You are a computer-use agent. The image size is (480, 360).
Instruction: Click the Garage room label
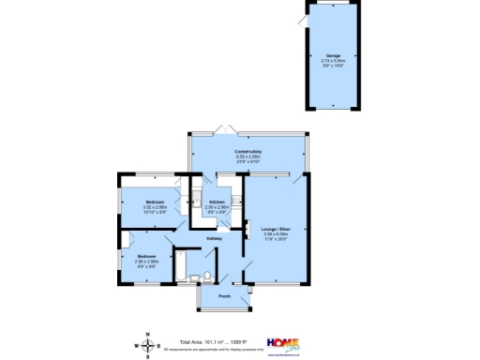(x=333, y=55)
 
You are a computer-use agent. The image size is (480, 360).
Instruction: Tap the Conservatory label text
(x=248, y=151)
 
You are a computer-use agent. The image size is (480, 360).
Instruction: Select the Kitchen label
(x=217, y=202)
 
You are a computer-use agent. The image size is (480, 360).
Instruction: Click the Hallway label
(x=214, y=238)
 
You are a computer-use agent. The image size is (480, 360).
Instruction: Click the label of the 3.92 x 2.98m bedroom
(x=155, y=202)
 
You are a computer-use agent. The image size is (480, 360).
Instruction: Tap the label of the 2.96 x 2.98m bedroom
(x=145, y=256)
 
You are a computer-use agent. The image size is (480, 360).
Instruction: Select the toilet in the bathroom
(x=196, y=277)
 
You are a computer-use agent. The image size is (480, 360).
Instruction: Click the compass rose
(x=148, y=344)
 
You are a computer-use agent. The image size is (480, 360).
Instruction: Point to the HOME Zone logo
(x=283, y=344)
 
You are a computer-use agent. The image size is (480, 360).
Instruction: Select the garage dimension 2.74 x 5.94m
(x=333, y=60)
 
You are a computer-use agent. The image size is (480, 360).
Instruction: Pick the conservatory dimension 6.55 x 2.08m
(x=248, y=157)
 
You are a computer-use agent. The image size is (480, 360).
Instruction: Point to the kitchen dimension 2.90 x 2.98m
(x=217, y=207)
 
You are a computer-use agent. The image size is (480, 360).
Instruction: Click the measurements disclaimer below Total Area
(x=214, y=349)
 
